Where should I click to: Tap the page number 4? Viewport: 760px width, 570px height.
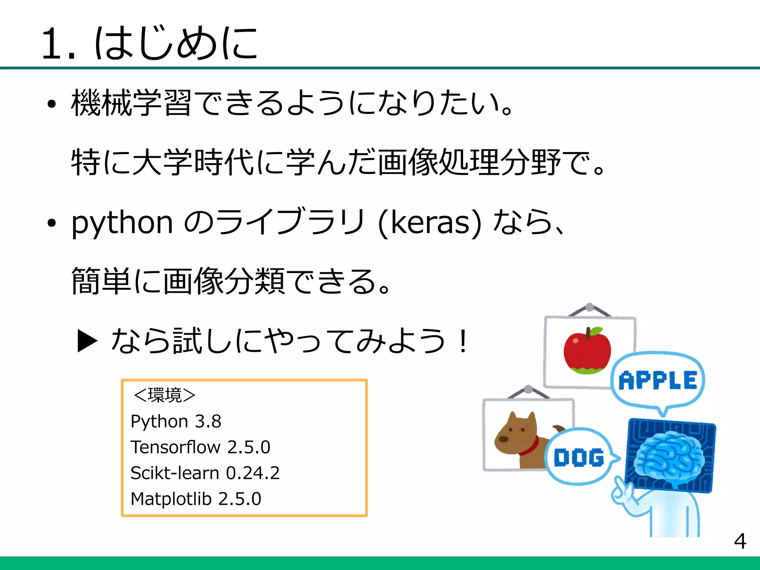pyautogui.click(x=740, y=541)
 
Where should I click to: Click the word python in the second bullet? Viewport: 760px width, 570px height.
pyautogui.click(x=122, y=223)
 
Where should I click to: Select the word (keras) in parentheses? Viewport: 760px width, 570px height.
pyautogui.click(x=429, y=223)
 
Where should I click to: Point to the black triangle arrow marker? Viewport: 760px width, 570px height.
pyautogui.click(x=87, y=341)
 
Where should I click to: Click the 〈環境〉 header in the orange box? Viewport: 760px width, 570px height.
pyautogui.click(x=164, y=395)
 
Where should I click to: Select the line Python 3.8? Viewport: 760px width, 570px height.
pyautogui.click(x=176, y=422)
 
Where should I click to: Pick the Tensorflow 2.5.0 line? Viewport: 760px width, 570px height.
pyautogui.click(x=200, y=447)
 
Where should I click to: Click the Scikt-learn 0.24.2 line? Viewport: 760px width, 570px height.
pyautogui.click(x=205, y=473)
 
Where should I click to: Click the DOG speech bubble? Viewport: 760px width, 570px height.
pyautogui.click(x=579, y=457)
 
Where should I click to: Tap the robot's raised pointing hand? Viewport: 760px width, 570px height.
pyautogui.click(x=623, y=494)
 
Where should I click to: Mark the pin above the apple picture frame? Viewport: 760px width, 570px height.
pyautogui.click(x=589, y=307)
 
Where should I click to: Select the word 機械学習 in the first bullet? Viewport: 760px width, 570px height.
pyautogui.click(x=131, y=103)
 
